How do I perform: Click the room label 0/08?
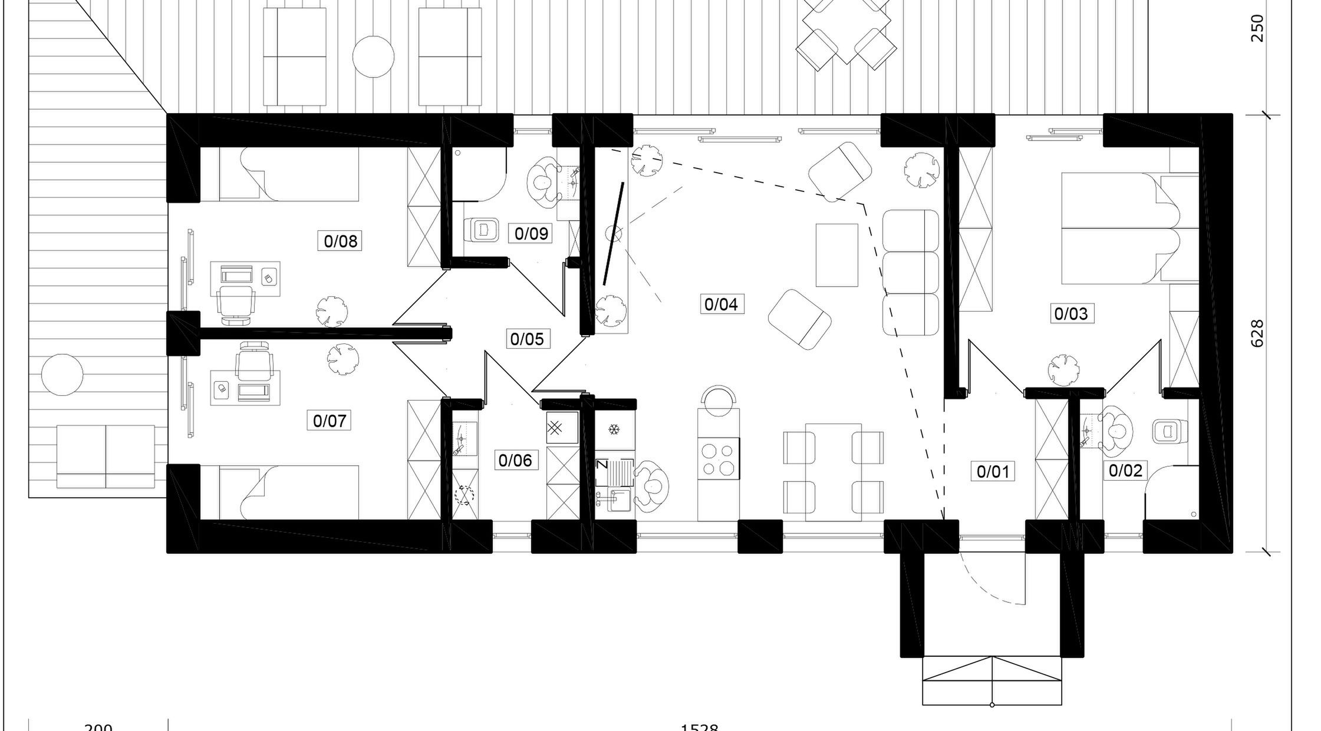tap(341, 241)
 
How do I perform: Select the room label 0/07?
tap(329, 421)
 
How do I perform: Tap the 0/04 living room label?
tap(721, 304)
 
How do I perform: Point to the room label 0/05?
tap(527, 339)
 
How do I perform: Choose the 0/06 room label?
tap(515, 460)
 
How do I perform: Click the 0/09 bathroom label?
tap(531, 234)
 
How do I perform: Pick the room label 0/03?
tap(1070, 313)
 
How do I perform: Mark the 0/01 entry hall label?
tap(993, 471)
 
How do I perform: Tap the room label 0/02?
tap(1125, 470)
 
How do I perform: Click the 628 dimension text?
tap(1257, 333)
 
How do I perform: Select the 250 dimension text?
tap(1257, 28)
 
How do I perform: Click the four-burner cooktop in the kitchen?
tap(719, 459)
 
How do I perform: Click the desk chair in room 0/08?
tap(236, 303)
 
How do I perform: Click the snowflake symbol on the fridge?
tap(614, 429)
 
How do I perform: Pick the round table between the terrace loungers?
tap(373, 57)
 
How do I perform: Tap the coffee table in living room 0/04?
tap(836, 255)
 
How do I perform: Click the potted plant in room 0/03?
tap(1064, 370)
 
